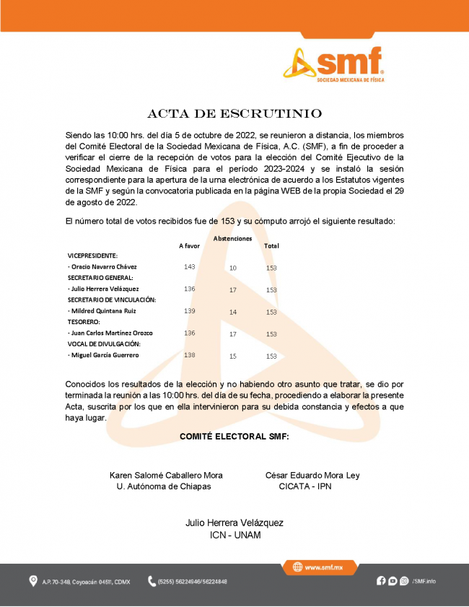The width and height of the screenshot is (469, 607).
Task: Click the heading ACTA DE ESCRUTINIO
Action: pos(234,114)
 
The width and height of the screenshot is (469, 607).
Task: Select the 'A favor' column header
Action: pos(189,246)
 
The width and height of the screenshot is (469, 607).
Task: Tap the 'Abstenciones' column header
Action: pos(233,238)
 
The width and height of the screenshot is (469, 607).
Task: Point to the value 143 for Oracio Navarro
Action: pos(190,267)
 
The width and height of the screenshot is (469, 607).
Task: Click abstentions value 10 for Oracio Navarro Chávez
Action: pos(232,268)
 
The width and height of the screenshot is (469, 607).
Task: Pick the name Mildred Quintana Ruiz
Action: pos(102,311)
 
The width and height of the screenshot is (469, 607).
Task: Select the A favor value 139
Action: pos(190,311)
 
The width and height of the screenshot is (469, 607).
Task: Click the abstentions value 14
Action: pos(232,312)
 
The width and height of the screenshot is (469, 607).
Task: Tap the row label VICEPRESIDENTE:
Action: pos(92,256)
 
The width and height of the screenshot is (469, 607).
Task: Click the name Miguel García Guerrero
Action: pos(103,355)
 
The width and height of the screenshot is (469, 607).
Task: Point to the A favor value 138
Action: pos(190,355)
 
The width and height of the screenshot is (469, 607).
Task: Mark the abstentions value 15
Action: pos(232,356)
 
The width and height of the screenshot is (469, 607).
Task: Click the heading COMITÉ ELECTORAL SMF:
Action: pos(234,437)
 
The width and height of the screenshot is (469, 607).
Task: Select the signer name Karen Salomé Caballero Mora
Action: pos(166,475)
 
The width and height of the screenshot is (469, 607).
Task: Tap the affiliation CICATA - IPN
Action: pos(305,486)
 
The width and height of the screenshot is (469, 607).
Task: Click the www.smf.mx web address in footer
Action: pos(323,568)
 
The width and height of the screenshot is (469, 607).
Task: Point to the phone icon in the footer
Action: pos(152,581)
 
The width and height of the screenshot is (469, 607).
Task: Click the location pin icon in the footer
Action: pos(33,581)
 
